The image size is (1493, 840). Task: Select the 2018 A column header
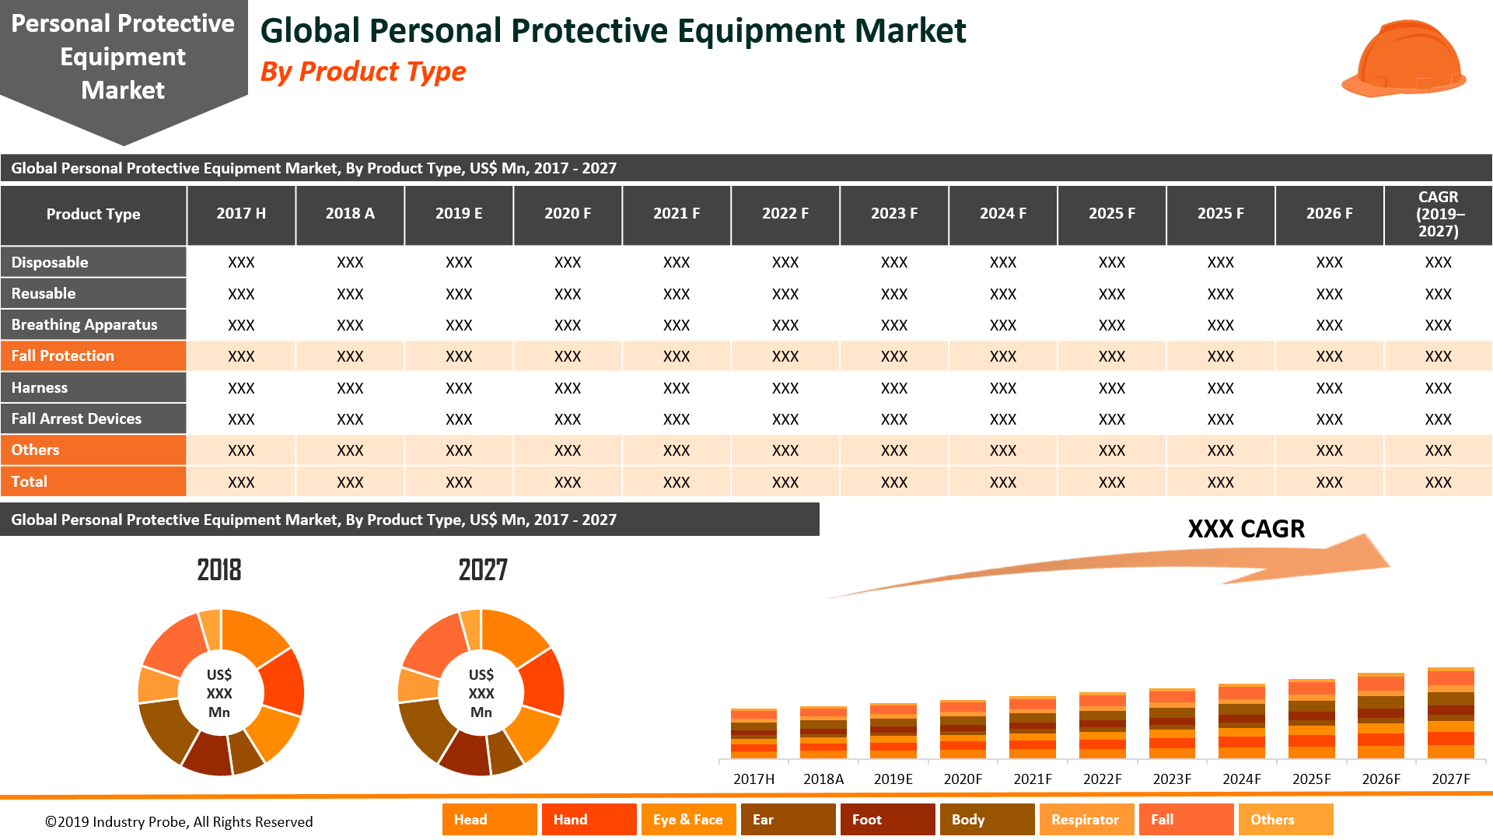point(350,214)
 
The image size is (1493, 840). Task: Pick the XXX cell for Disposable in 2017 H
point(241,263)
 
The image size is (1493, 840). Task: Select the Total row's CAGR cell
point(1438,482)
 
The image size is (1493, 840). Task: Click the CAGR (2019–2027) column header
point(1438,214)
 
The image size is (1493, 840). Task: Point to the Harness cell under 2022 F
point(785,388)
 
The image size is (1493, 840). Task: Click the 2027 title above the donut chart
point(482,570)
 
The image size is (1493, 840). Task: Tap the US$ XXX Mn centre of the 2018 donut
point(219,693)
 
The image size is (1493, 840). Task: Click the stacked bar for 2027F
point(1450,713)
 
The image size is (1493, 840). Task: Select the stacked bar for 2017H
point(753,733)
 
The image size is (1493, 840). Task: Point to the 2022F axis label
point(1102,779)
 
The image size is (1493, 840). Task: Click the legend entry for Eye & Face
point(688,820)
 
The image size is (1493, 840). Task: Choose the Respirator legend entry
point(1086,820)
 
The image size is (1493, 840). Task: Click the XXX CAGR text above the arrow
point(1246,529)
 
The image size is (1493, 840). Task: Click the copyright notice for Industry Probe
point(179,822)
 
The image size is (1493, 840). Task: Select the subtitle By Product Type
point(363,72)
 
